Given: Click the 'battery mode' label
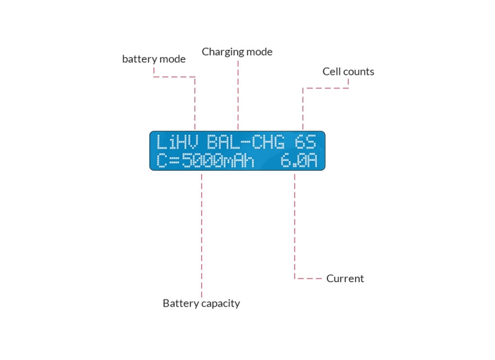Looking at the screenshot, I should click(x=153, y=59).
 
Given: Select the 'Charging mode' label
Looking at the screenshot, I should click(x=237, y=52).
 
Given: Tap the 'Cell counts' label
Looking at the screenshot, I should click(x=348, y=71).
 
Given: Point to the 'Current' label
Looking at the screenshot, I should click(x=345, y=279).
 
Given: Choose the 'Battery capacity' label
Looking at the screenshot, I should click(x=201, y=303).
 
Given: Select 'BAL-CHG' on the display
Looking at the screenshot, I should click(x=246, y=142).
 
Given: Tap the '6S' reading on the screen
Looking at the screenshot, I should click(x=306, y=142).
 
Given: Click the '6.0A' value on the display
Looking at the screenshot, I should click(x=299, y=160).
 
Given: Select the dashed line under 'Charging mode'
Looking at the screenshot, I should click(x=238, y=97).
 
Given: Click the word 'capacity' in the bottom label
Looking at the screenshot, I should click(x=219, y=303).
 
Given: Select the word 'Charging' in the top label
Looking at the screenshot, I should click(x=223, y=52).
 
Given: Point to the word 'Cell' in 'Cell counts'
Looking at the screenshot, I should click(x=330, y=71).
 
